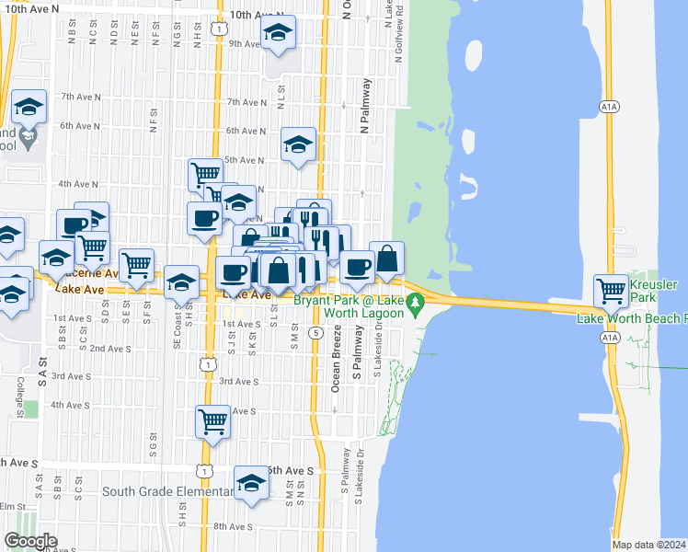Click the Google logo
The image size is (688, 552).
pos(30,540)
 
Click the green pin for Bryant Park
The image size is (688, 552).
pos(416,302)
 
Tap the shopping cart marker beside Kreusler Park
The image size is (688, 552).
pos(611,291)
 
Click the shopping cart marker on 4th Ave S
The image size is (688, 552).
pos(212,421)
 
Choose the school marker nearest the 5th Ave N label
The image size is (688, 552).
pos(298,144)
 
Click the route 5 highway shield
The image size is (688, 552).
pos(315,332)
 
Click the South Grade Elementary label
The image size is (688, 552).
pos(168,491)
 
